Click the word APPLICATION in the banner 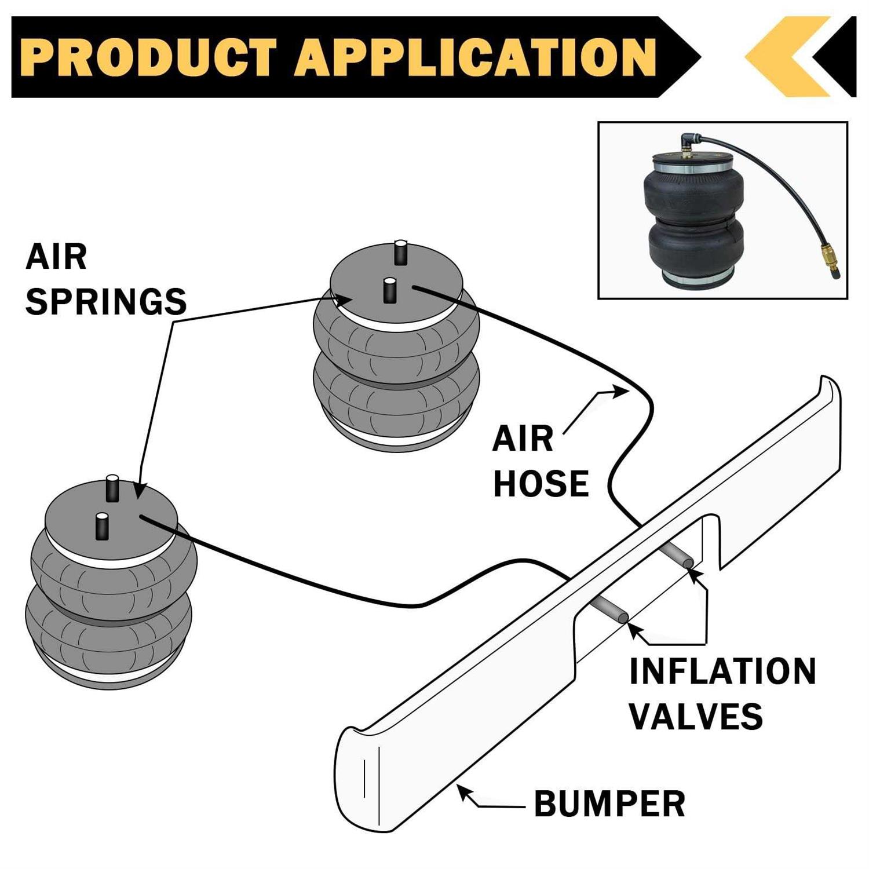[475, 57]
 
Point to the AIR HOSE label [540, 462]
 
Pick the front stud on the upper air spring [389, 289]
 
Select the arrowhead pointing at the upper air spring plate [344, 300]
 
